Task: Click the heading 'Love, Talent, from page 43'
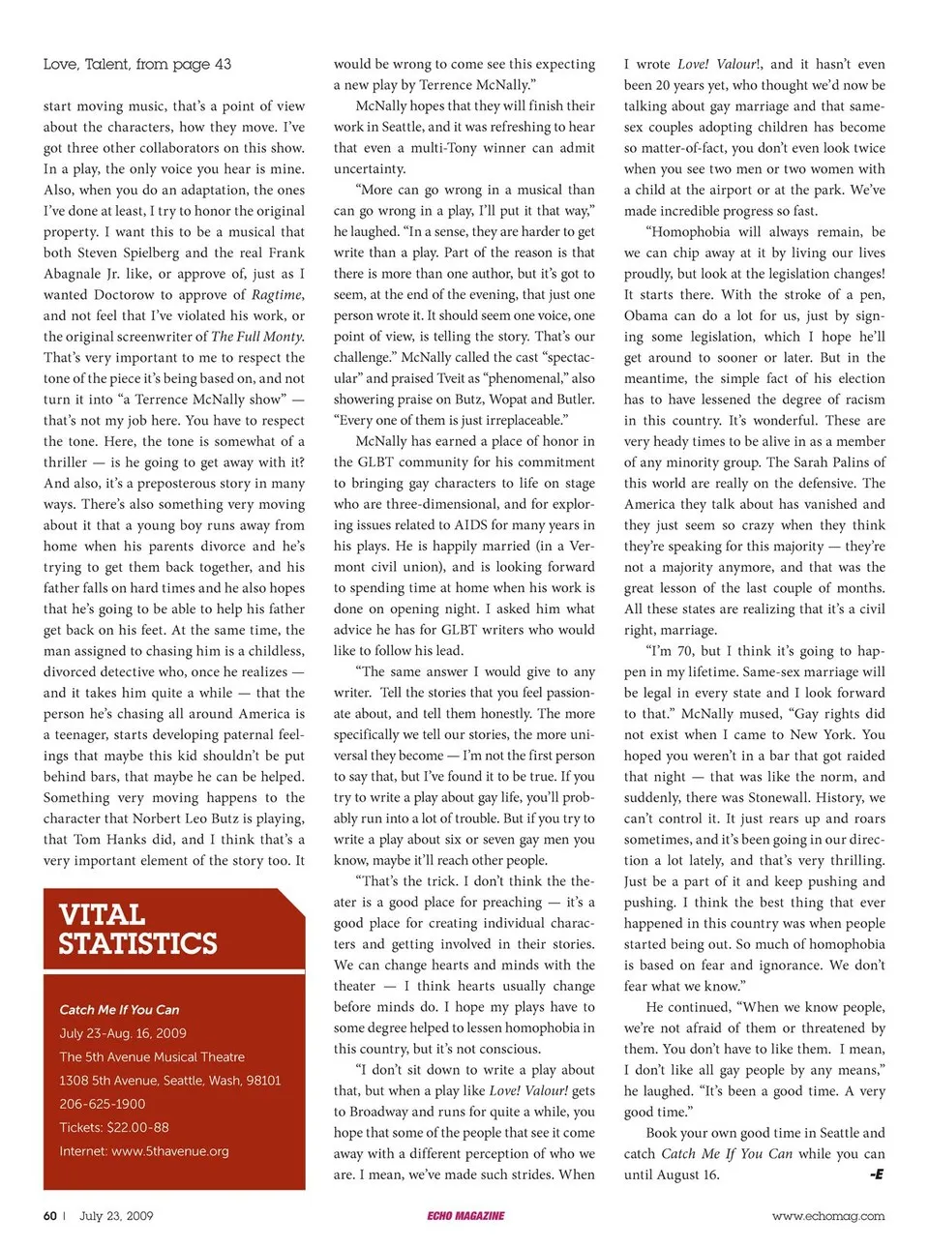(136, 65)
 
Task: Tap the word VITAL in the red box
(102, 914)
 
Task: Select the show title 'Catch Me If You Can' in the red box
(119, 1009)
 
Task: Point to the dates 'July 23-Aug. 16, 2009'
(123, 1033)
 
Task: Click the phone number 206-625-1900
(103, 1104)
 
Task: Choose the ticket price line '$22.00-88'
(137, 1127)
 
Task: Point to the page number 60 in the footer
(50, 1216)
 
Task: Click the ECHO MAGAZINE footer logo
(465, 1216)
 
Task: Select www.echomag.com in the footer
(827, 1216)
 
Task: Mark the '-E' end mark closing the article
(876, 1174)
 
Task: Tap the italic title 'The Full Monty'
(257, 337)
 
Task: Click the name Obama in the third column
(647, 315)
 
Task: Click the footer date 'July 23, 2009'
(116, 1216)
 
